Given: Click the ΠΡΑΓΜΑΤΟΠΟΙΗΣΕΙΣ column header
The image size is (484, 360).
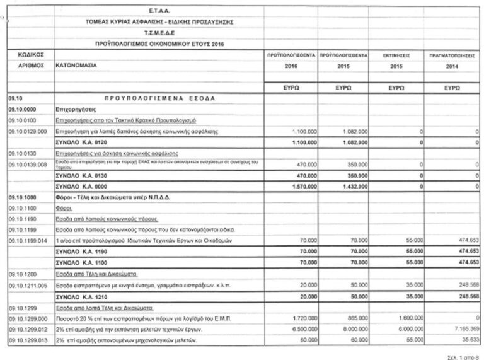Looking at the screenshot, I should pyautogui.click(x=451, y=55).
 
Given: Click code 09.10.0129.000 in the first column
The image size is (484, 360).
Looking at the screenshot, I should pyautogui.click(x=28, y=131).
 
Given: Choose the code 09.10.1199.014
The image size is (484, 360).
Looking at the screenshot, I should pyautogui.click(x=28, y=241).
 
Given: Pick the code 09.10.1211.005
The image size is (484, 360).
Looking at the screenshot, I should pyautogui.click(x=28, y=286).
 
